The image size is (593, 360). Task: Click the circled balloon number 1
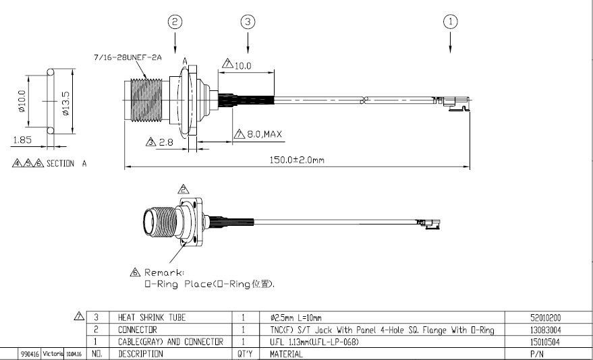[x=451, y=22]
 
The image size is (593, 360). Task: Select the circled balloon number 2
[x=175, y=22]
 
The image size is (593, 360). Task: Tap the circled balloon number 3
[x=248, y=22]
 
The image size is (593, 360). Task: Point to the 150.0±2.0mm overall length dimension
[x=297, y=160]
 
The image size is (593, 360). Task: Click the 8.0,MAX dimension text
[x=263, y=134]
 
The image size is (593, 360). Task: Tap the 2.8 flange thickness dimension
[x=165, y=142]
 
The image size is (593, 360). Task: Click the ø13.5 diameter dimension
[x=65, y=101]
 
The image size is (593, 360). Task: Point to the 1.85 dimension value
[x=22, y=140]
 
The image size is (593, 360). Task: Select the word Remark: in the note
[x=164, y=272]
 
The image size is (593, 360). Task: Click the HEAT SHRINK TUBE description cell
[x=151, y=318]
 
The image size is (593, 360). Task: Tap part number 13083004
[x=546, y=330]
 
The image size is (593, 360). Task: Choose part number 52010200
[x=546, y=318]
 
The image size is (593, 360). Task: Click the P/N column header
[x=537, y=353]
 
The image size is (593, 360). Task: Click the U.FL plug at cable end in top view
[x=455, y=102]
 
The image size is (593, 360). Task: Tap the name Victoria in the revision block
[x=53, y=353]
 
